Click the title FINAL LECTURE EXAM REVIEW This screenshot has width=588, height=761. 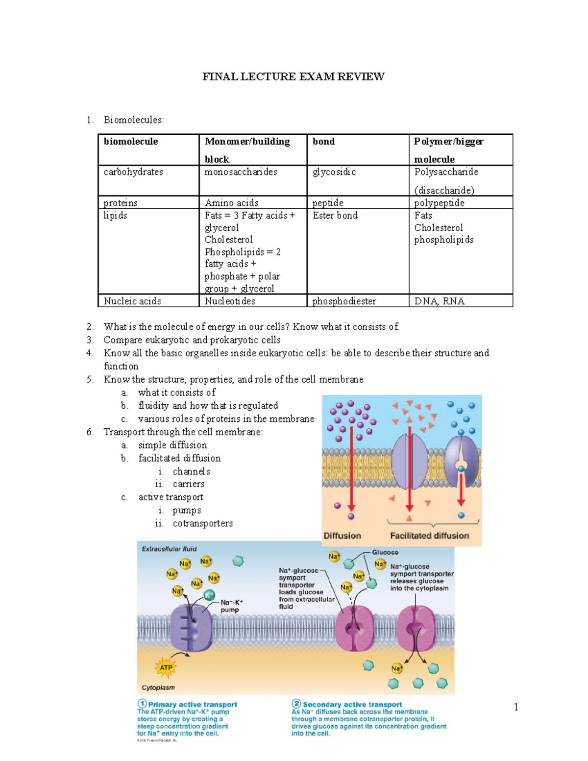point(294,76)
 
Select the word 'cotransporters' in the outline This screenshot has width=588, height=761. point(203,523)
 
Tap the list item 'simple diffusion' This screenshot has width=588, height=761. point(172,445)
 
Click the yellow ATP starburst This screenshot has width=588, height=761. point(166,667)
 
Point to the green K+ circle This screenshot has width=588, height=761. point(209,595)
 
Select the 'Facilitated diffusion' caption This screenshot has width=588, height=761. point(429,536)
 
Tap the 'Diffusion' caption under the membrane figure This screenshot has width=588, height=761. point(342,536)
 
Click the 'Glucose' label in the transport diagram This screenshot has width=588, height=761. point(385,552)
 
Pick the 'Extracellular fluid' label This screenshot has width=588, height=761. point(169,549)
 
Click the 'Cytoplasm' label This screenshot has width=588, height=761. point(158,687)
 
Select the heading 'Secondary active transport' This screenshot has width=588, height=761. point(352,704)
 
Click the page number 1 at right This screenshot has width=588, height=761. point(516,707)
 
